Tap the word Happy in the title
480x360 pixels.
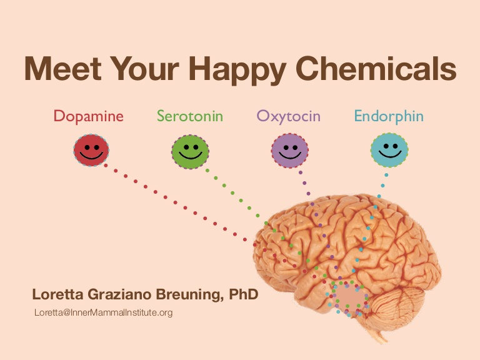point(237,71)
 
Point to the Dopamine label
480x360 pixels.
point(89,116)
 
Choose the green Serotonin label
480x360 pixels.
point(190,116)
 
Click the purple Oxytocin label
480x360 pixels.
point(288,117)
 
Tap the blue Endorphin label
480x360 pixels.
point(389,116)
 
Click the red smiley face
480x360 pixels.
point(91,150)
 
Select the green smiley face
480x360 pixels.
point(190,152)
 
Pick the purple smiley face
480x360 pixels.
point(289,151)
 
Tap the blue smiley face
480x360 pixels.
point(389,150)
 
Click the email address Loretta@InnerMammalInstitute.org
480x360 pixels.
point(104,312)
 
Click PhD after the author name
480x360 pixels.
point(244,294)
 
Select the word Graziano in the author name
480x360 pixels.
point(119,294)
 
